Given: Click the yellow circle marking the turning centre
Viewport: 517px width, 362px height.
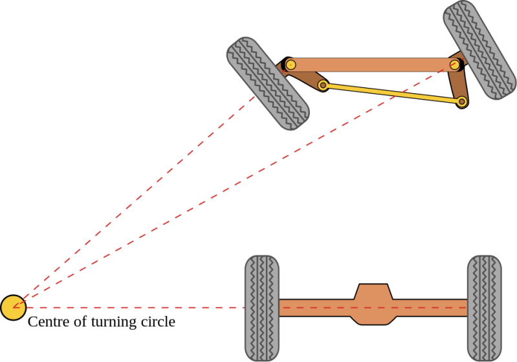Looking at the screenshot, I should (x=13, y=308).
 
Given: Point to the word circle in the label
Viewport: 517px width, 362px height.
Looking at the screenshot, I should (x=158, y=321).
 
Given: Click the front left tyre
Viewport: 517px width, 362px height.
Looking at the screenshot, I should (x=268, y=83).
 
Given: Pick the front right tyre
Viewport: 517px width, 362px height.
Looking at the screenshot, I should (x=479, y=50).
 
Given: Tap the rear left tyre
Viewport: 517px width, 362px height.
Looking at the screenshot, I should (x=262, y=308).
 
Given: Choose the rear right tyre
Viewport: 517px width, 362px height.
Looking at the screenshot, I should (x=485, y=308).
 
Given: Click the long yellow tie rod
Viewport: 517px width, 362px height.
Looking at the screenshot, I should (x=392, y=94).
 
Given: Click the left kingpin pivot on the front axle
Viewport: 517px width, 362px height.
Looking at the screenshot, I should (x=291, y=65).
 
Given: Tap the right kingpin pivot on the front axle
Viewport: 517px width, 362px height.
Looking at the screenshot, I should (x=456, y=64).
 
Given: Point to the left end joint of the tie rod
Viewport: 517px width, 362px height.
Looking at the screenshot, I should (x=323, y=85).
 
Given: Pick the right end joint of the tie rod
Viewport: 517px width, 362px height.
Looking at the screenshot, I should (x=461, y=101).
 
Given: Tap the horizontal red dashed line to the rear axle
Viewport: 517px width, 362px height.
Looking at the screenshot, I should (x=129, y=308).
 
